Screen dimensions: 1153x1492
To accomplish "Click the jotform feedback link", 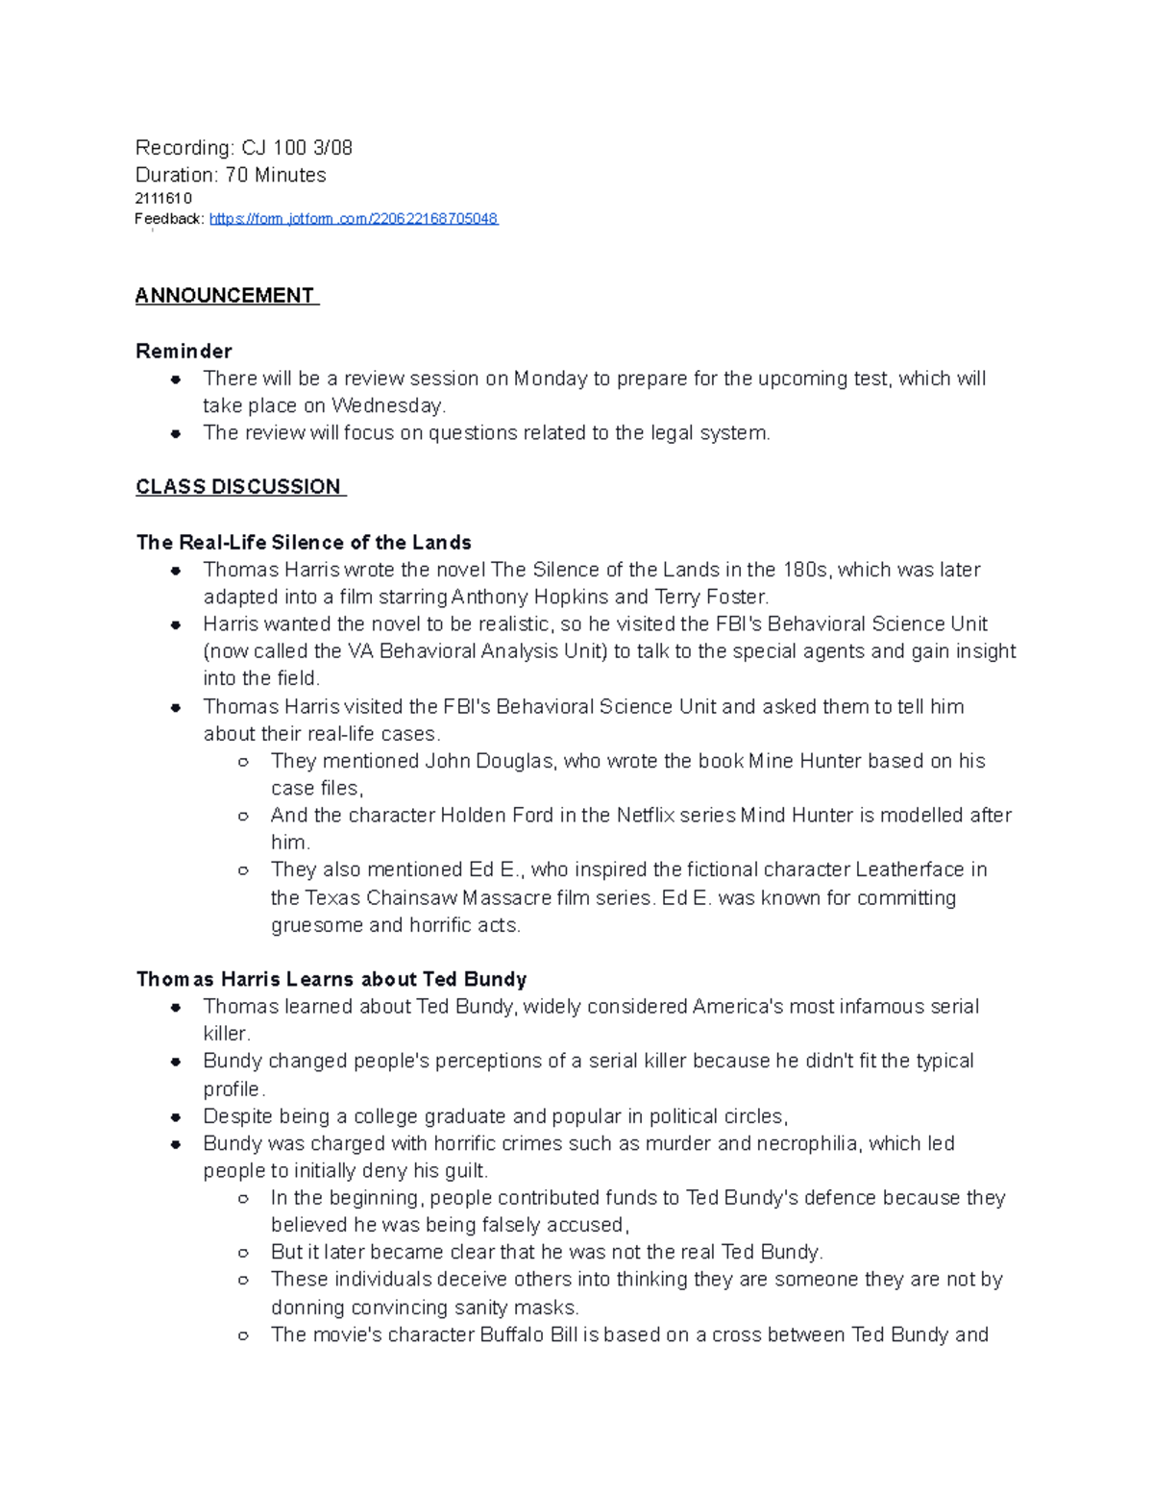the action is pos(353,219).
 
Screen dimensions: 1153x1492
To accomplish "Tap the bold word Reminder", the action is pos(184,351).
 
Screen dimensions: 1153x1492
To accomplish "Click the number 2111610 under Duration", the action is pos(162,199).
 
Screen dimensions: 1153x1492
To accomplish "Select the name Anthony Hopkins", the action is pos(529,597).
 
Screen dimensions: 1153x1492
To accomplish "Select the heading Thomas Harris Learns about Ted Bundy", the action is pos(331,980).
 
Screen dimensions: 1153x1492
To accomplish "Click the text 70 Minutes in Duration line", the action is pos(276,175).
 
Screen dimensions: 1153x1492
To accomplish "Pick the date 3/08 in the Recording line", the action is pos(332,148).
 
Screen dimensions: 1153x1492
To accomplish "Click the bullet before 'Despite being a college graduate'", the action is pos(176,1117).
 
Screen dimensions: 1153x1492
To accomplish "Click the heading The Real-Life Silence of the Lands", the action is pos(304,543).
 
